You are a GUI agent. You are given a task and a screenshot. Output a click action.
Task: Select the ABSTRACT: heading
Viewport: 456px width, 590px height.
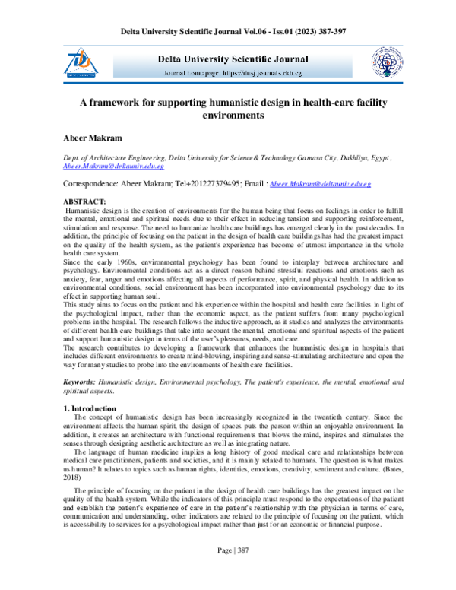tap(84, 201)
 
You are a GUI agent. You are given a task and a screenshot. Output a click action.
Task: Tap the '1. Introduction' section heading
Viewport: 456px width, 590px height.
tap(88, 409)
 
